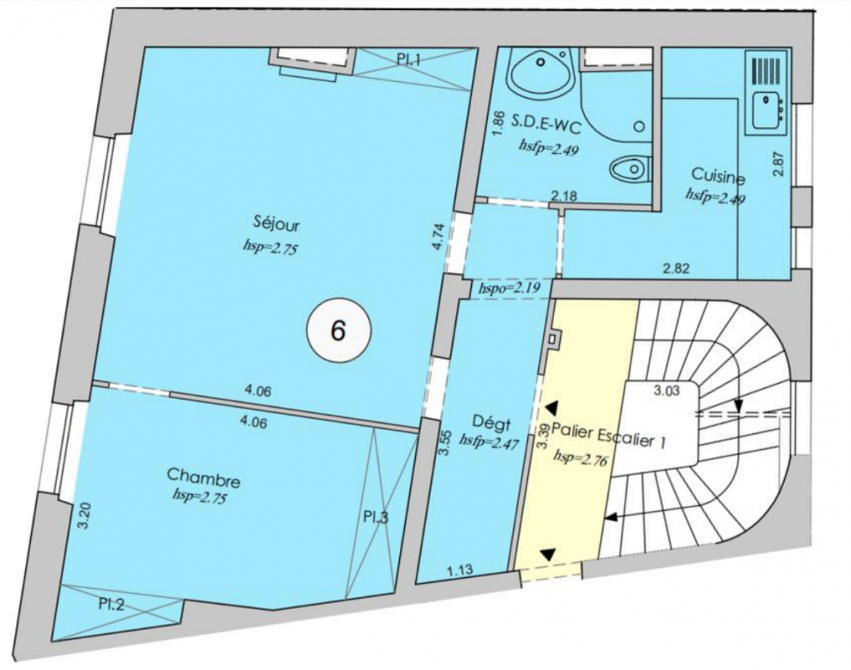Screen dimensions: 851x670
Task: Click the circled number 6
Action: pos(338,330)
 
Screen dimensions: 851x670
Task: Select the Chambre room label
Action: pos(204,478)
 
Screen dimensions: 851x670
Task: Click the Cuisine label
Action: pos(718,176)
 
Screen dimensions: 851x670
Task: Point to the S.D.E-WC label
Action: pos(547,126)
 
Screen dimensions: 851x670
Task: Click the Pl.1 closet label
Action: pos(409,59)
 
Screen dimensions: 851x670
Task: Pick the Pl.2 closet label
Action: pos(112,604)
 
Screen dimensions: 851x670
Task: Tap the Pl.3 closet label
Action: pos(376,517)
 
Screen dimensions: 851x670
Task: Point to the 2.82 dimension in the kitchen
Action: pos(676,268)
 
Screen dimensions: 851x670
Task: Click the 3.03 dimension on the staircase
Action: pos(666,390)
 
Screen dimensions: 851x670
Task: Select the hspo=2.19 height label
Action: pos(508,288)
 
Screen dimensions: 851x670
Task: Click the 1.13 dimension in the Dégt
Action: pos(459,569)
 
